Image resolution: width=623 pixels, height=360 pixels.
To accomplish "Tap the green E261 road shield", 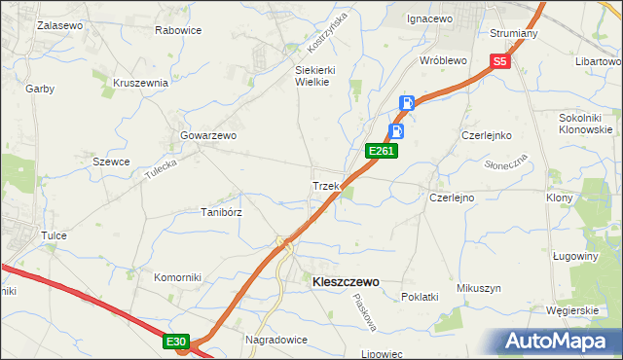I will pyautogui.click(x=380, y=152).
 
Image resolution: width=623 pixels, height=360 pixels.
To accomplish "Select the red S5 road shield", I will pyautogui.click(x=499, y=61).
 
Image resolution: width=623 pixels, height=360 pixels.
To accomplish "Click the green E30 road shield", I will pyautogui.click(x=175, y=342).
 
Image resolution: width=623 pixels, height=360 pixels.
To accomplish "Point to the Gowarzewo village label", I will pyautogui.click(x=208, y=136).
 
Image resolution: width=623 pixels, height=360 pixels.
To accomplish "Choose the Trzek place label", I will pyautogui.click(x=324, y=186).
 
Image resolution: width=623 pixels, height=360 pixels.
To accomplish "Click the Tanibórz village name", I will pyautogui.click(x=221, y=212).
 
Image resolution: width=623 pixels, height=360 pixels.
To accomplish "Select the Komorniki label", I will pyautogui.click(x=177, y=277).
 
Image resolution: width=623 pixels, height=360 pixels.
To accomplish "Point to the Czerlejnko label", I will pyautogui.click(x=487, y=135).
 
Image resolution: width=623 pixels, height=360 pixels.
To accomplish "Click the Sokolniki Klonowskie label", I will pyautogui.click(x=585, y=124).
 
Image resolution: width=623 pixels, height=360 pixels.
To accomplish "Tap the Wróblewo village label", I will pyautogui.click(x=443, y=59).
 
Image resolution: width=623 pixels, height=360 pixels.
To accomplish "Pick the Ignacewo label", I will pyautogui.click(x=431, y=18).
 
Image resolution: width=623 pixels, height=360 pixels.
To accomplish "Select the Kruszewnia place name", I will pyautogui.click(x=141, y=83).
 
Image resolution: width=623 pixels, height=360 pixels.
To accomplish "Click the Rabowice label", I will pyautogui.click(x=178, y=30).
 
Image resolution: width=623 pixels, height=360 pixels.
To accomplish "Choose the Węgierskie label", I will pyautogui.click(x=571, y=310).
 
